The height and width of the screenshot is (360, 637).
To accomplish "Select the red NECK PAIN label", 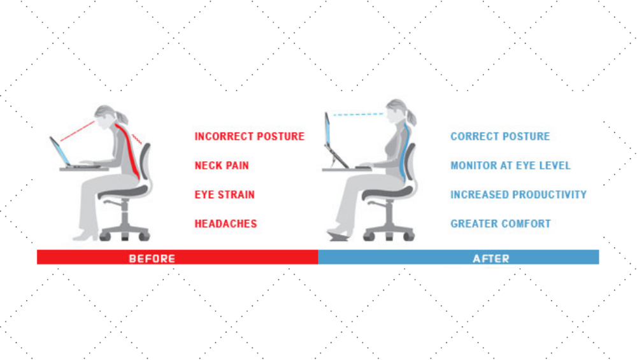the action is point(222,166).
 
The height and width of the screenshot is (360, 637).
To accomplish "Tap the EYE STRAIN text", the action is point(224,194).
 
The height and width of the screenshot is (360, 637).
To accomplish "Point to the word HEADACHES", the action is point(225,224).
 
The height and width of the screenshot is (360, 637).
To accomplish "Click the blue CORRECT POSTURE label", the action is point(500,136).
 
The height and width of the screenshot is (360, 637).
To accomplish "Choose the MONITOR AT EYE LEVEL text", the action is point(510,166).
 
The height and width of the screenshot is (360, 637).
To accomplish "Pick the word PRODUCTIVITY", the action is point(546,194).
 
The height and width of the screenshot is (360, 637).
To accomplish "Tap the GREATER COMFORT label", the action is point(501,224).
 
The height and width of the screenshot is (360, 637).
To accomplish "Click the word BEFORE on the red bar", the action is point(152,259).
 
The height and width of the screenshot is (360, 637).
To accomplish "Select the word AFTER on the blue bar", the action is point(490,259).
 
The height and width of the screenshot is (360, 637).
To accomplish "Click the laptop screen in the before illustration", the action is point(60,151).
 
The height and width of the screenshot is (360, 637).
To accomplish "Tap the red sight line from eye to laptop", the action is point(77,131).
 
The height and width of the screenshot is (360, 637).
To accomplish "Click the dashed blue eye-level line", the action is point(358,115).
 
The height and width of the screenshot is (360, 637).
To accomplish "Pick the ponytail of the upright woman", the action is point(411,116).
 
